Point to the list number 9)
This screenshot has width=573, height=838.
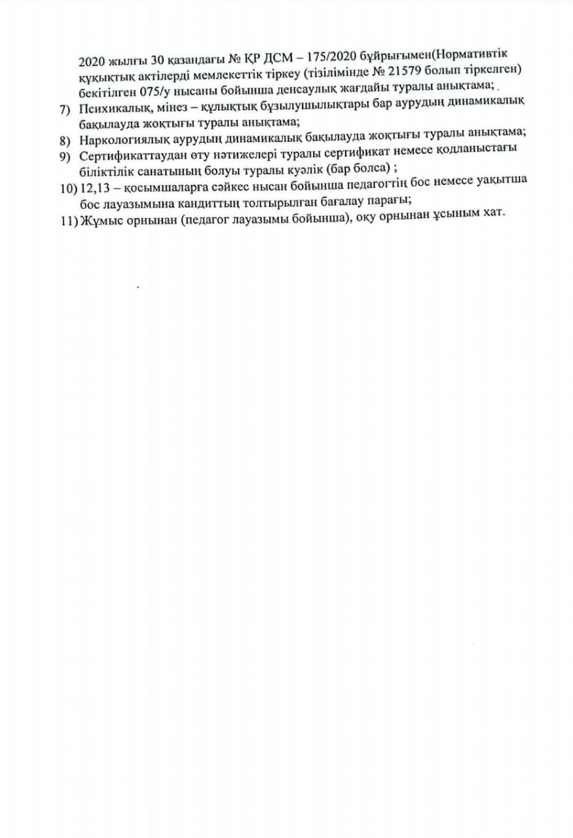pos(64,156)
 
